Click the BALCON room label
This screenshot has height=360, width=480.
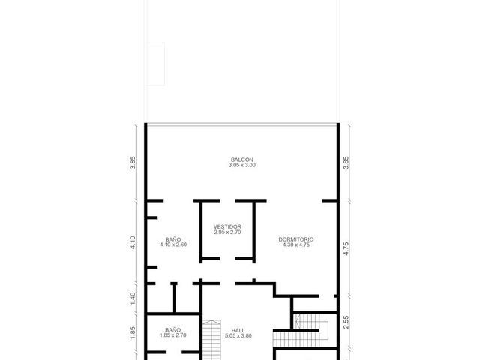241,160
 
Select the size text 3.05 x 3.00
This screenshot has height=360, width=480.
241,165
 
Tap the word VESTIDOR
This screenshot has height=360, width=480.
227,226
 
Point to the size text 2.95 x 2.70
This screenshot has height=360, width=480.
227,232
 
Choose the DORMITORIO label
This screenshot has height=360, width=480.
296,239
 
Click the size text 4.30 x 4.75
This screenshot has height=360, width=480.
296,244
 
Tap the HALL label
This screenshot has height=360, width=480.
238,330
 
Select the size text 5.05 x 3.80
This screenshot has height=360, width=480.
238,335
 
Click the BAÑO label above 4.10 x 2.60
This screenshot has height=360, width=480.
173,239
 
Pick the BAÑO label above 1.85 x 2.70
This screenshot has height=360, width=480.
173,330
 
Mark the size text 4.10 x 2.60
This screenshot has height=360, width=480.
173,244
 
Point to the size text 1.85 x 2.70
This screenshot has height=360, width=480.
173,335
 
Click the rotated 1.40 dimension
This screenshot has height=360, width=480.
132,298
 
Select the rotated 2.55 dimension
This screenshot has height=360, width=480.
346,322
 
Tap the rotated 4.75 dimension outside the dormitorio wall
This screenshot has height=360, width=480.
346,248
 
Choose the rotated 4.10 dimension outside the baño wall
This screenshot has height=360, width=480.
132,242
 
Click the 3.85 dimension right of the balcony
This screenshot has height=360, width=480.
346,163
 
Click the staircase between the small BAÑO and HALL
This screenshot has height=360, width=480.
211,340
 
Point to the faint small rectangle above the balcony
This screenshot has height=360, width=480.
156,64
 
